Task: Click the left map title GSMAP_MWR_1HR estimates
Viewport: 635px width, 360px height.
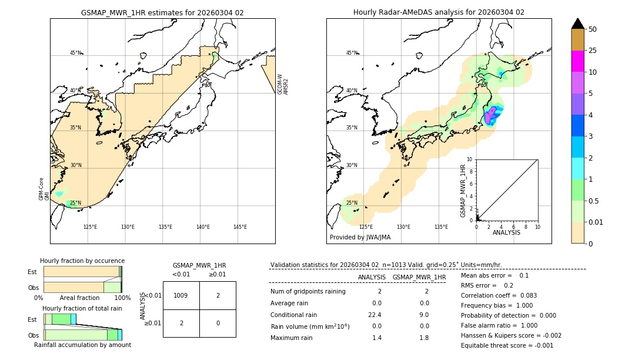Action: pos(162,12)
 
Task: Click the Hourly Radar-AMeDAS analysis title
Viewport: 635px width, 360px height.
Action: pos(439,12)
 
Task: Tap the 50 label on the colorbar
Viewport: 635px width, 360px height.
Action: pos(593,29)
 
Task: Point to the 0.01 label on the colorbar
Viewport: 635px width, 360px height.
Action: pos(596,222)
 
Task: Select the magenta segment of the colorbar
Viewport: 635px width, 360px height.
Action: pos(577,61)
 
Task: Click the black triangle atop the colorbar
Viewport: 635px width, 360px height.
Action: pos(577,24)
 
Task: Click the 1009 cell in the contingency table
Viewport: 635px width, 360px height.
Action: pos(181,295)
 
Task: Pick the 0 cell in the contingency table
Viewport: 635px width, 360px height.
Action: pos(218,323)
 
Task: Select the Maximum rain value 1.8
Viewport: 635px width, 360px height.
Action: pos(424,338)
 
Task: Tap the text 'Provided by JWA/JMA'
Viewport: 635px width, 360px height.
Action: pos(360,238)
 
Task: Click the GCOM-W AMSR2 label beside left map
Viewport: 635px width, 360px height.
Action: pos(283,84)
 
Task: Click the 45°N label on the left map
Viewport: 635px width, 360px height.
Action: pos(76,53)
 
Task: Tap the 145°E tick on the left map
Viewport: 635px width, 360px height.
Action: pos(240,227)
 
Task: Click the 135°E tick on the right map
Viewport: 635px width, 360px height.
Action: pos(441,227)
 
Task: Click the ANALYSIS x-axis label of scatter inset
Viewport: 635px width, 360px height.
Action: pos(506,232)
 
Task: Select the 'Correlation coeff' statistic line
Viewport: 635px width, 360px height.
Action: pos(499,295)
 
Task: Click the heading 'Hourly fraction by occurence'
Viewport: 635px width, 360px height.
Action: pos(82,261)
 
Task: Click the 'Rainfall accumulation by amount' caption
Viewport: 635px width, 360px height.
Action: pos(82,345)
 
